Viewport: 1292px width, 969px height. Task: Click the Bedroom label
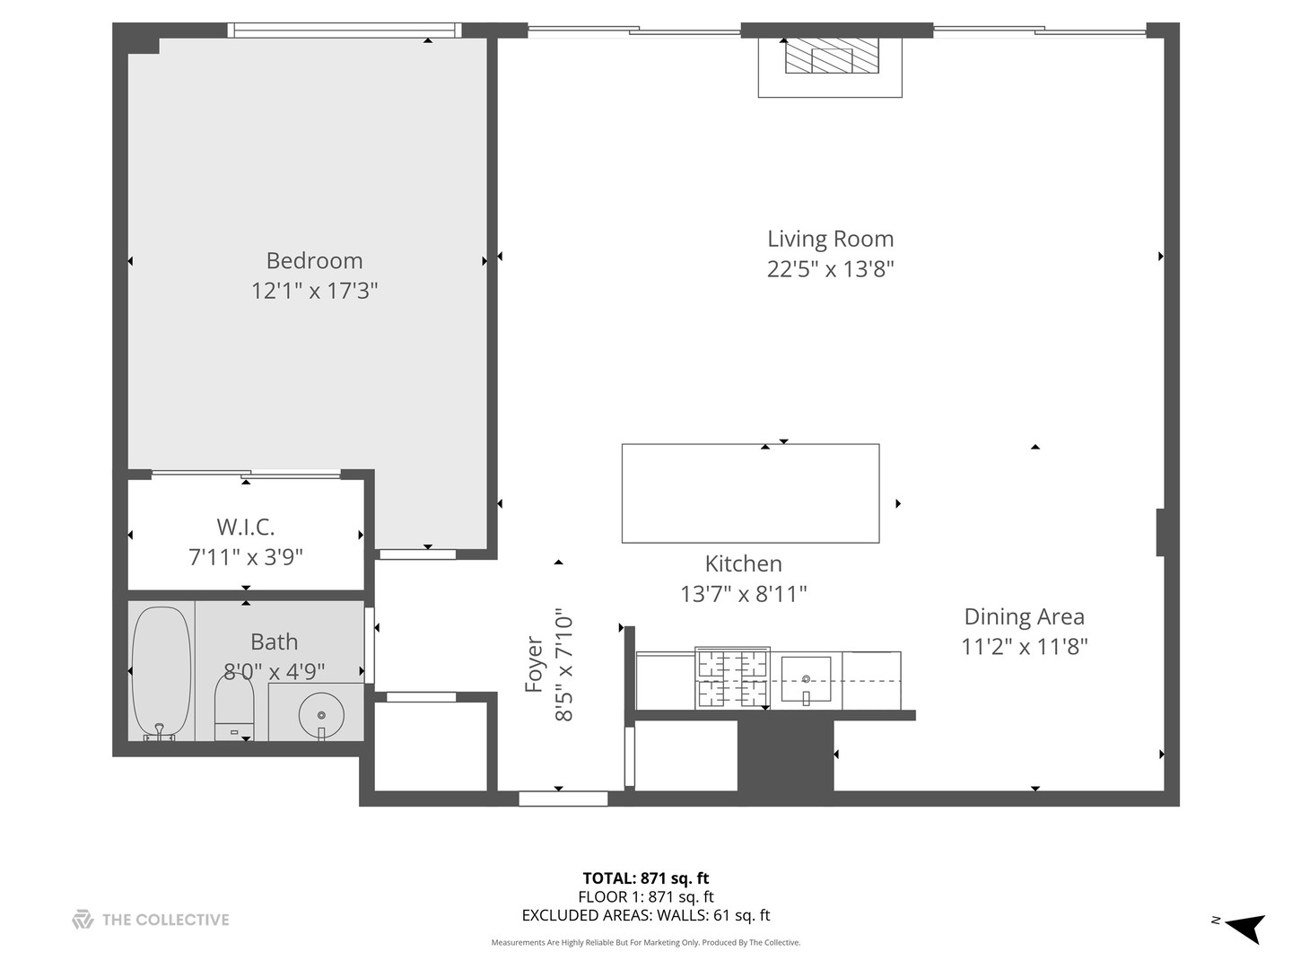coord(314,260)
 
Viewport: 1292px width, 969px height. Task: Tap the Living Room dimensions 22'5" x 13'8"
coord(830,268)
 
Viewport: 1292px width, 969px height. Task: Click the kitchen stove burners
coord(732,678)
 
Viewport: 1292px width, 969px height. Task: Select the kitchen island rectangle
coord(750,493)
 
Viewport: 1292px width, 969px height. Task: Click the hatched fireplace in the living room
coord(829,59)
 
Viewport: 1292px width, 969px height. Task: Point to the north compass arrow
coord(1244,927)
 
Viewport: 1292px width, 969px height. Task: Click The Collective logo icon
coord(83,919)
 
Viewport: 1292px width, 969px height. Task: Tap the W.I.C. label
coord(245,527)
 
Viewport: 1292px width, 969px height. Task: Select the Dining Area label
coord(1024,616)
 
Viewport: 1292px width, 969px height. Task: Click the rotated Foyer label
coord(534,665)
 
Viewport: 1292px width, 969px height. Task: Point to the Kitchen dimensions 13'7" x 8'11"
coord(744,594)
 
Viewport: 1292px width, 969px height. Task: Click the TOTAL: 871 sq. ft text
coord(646,878)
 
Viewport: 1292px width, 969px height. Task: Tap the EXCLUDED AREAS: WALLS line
coord(646,915)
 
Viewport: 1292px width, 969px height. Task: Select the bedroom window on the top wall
coord(345,30)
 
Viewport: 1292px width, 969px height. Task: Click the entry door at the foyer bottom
coord(563,798)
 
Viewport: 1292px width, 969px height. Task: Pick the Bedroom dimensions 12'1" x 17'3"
coord(314,291)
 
